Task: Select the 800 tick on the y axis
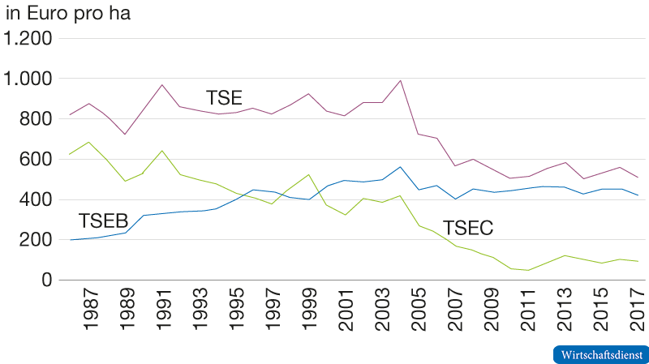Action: pyautogui.click(x=36, y=119)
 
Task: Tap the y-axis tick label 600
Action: pyautogui.click(x=36, y=160)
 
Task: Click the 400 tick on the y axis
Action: pyautogui.click(x=36, y=199)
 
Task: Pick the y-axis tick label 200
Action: pyautogui.click(x=36, y=240)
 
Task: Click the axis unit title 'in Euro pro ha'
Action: pyautogui.click(x=68, y=13)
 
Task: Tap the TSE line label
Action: pyautogui.click(x=223, y=98)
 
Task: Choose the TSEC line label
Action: pyautogui.click(x=468, y=229)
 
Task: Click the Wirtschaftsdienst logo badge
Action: pyautogui.click(x=600, y=355)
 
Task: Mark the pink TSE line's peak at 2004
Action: pyautogui.click(x=400, y=80)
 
